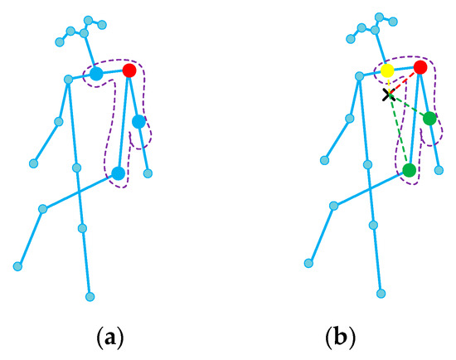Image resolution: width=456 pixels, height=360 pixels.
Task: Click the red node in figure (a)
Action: click(x=129, y=71)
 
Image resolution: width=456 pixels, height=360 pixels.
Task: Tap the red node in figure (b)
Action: click(x=420, y=67)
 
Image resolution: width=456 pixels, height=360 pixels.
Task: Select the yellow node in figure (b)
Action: click(x=387, y=71)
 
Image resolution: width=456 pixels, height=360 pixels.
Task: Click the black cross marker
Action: click(x=388, y=95)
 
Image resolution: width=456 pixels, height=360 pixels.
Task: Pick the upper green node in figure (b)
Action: click(x=429, y=119)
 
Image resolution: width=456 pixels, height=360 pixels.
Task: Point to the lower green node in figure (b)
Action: click(x=409, y=170)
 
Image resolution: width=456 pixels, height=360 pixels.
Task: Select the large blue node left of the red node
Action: click(x=96, y=74)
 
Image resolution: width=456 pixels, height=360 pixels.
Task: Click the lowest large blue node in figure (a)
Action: click(x=118, y=173)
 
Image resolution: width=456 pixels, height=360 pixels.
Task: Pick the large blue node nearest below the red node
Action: click(x=138, y=122)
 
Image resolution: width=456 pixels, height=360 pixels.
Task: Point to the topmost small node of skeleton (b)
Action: click(x=378, y=17)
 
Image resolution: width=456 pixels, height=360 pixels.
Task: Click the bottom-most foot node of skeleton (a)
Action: click(x=90, y=295)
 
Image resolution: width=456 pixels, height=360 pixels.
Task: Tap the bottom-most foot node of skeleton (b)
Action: click(x=381, y=292)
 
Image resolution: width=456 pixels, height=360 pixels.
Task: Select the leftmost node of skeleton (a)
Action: click(x=16, y=266)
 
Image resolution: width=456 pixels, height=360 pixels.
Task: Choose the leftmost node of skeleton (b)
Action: click(x=308, y=263)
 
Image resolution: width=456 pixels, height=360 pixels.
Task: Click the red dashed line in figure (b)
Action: click(x=405, y=81)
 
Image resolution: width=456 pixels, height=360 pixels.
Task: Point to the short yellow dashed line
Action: click(x=387, y=84)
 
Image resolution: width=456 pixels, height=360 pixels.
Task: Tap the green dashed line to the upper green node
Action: click(x=409, y=107)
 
